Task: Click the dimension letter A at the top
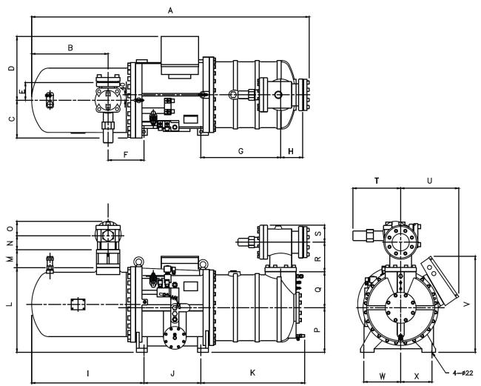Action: [x=170, y=11]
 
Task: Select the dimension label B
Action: [x=70, y=47]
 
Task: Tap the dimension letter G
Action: [x=240, y=151]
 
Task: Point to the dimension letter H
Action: [x=291, y=151]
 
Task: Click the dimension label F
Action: [x=126, y=155]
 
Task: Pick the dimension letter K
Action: [x=253, y=373]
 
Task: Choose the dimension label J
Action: [x=172, y=373]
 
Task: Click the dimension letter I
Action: [x=88, y=373]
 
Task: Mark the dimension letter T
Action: [x=377, y=181]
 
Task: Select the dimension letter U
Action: [x=429, y=181]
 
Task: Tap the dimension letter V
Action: [x=467, y=304]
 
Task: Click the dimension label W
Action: [x=383, y=376]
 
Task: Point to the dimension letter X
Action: [x=417, y=376]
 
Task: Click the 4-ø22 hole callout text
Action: [x=463, y=373]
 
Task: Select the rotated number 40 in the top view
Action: [x=123, y=86]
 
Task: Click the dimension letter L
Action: [x=10, y=304]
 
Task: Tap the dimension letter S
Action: [x=318, y=233]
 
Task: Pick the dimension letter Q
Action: [x=318, y=289]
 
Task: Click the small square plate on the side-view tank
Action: [x=78, y=304]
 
